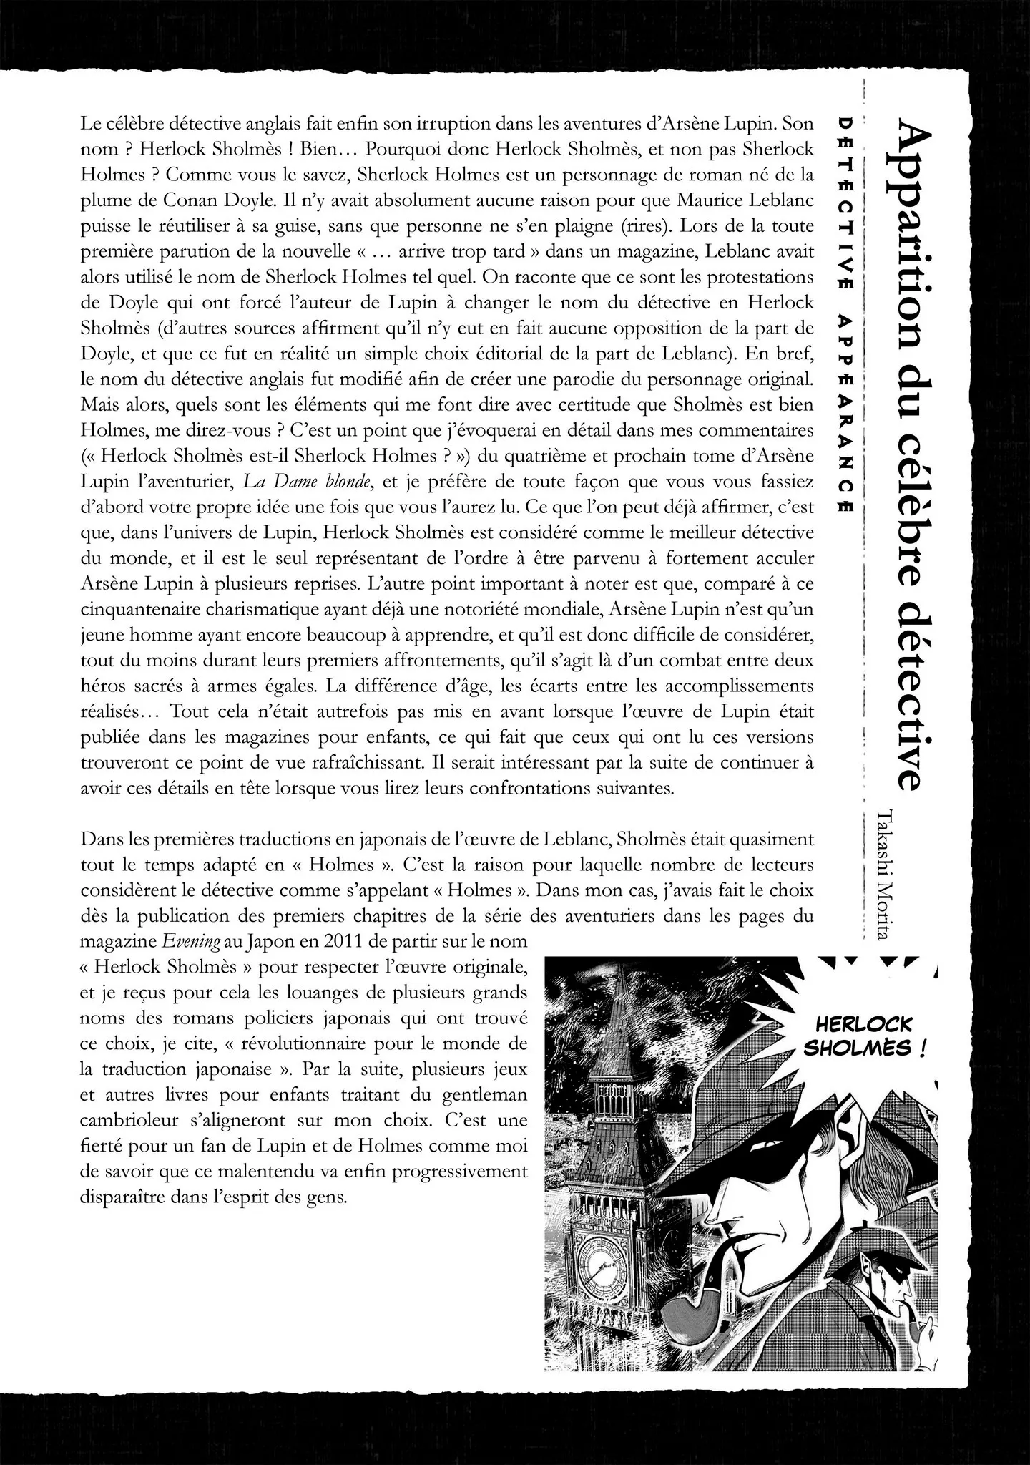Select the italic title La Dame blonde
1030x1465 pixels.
307,482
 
